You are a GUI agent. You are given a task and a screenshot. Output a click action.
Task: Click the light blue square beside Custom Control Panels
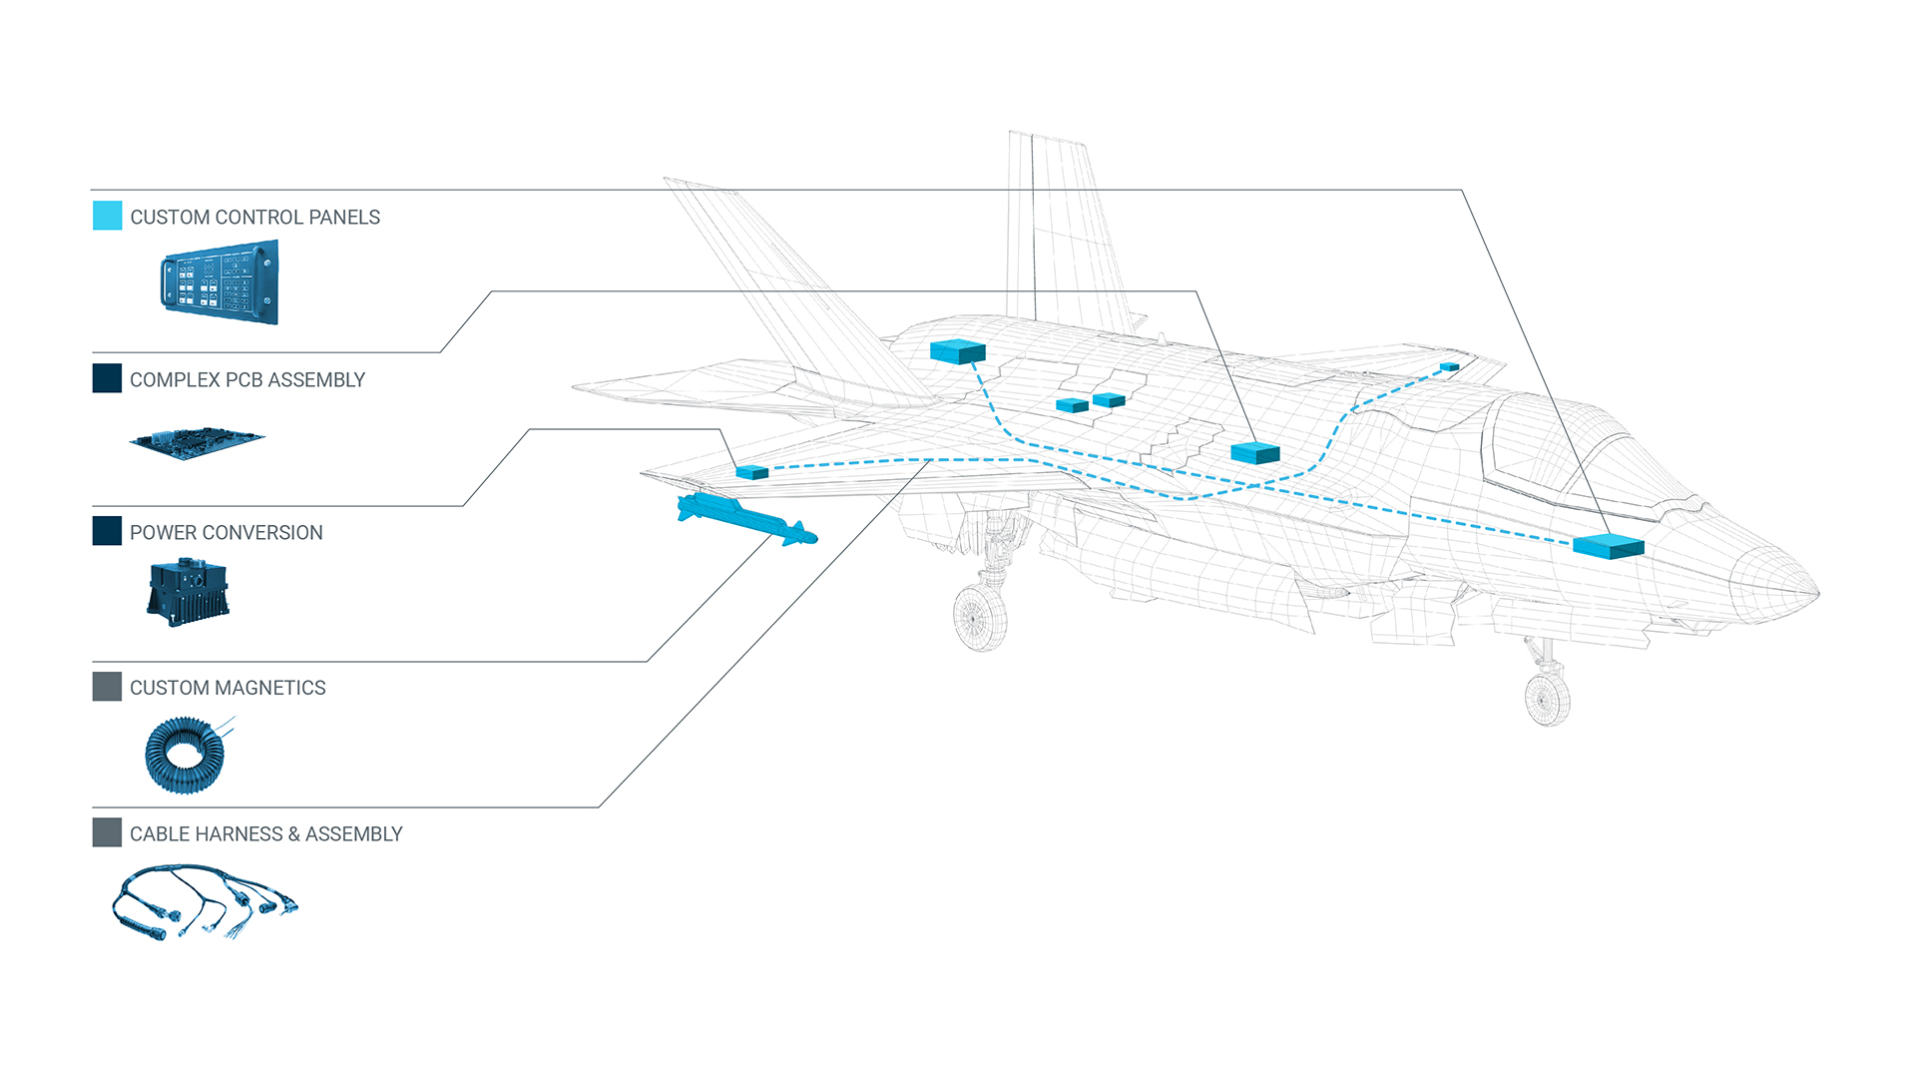pyautogui.click(x=107, y=216)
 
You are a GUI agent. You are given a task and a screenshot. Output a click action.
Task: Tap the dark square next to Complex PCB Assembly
pyautogui.click(x=107, y=378)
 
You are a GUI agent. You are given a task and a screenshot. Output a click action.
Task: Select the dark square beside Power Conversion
pyautogui.click(x=107, y=531)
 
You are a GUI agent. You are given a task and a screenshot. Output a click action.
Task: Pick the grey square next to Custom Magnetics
pyautogui.click(x=107, y=687)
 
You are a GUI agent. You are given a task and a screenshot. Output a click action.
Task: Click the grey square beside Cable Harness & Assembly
pyautogui.click(x=107, y=832)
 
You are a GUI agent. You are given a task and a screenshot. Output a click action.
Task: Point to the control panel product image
pyautogui.click(x=220, y=282)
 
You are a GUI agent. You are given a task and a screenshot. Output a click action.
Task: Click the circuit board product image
pyautogui.click(x=197, y=442)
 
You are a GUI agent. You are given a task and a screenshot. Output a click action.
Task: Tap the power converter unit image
pyautogui.click(x=189, y=591)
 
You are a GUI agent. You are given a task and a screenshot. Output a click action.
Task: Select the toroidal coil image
pyautogui.click(x=186, y=755)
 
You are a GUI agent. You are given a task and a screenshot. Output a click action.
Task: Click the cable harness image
pyautogui.click(x=204, y=901)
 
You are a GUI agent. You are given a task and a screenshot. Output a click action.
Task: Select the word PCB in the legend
pyautogui.click(x=242, y=380)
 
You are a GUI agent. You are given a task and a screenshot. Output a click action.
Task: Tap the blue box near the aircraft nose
pyautogui.click(x=1608, y=546)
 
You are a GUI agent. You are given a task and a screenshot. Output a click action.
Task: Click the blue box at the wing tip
pyautogui.click(x=751, y=472)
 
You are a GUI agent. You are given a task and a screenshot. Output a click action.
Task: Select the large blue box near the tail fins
pyautogui.click(x=957, y=351)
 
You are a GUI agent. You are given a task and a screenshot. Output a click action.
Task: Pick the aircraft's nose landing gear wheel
pyautogui.click(x=1548, y=699)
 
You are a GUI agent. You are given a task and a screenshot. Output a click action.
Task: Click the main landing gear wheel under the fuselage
pyautogui.click(x=980, y=618)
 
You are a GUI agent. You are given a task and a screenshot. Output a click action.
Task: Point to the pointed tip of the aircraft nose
pyautogui.click(x=1816, y=594)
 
